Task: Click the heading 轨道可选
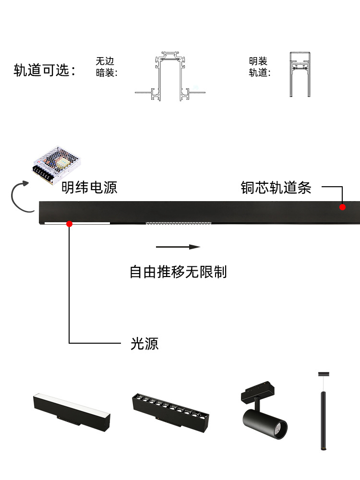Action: tap(45, 71)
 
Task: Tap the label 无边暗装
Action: tap(106, 67)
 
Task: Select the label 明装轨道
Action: tap(259, 67)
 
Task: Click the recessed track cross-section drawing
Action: tap(170, 77)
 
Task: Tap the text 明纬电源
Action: tap(89, 187)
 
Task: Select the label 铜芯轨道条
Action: tap(276, 188)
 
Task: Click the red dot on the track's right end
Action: tap(342, 207)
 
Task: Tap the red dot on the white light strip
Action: tap(70, 223)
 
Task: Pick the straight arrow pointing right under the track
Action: tap(178, 247)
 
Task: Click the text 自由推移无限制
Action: tap(178, 272)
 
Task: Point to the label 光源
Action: tap(144, 344)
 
